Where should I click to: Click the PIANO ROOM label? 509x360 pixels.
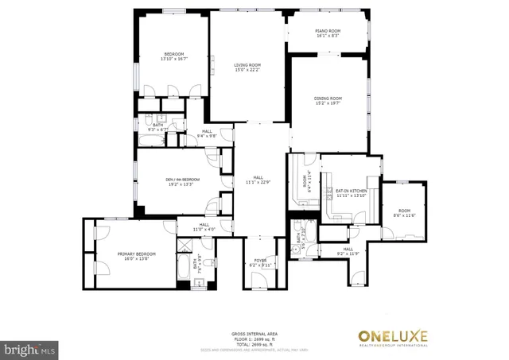tap(328, 30)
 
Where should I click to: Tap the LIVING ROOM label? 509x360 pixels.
tap(247, 65)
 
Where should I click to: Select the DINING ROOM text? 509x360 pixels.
tap(328, 98)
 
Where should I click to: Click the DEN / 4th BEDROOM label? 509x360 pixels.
tap(182, 179)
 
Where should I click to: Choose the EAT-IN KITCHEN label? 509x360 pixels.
tap(351, 191)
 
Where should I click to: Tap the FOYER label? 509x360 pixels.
tap(260, 260)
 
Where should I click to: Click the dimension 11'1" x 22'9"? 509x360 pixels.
tap(258, 182)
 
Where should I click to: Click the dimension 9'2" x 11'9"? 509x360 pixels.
tap(348, 254)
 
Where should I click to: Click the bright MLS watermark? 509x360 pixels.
tap(30, 348)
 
